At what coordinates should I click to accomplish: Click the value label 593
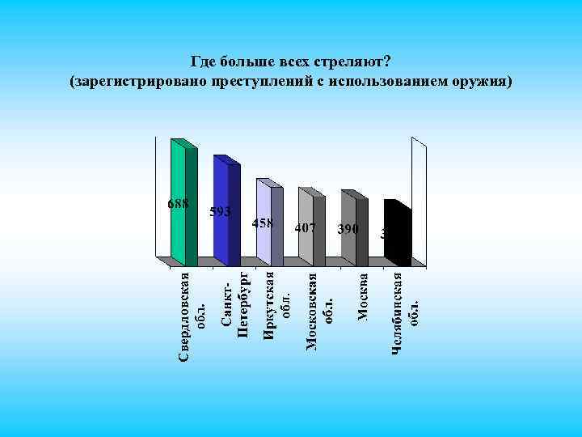pos(221,212)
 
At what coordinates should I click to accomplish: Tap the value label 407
pos(305,228)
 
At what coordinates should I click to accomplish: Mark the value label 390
pos(348,229)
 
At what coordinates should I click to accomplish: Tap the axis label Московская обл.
pos(320,312)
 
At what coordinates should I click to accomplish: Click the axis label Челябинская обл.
pos(406,312)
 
